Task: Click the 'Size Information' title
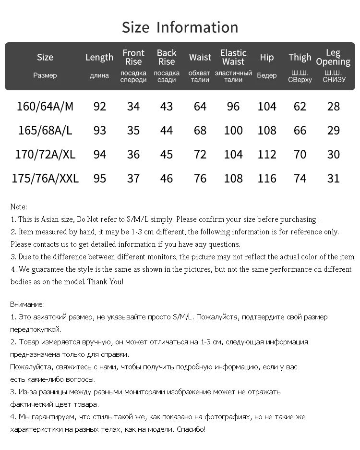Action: [180, 27]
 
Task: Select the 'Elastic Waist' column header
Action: [233, 57]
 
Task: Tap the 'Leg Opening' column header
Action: [333, 57]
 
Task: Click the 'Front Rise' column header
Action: [133, 57]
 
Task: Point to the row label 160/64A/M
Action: [45, 106]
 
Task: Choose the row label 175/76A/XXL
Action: [45, 178]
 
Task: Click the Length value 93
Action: [100, 130]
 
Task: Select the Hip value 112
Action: [267, 154]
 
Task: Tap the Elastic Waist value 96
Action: [233, 106]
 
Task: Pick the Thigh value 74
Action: [300, 178]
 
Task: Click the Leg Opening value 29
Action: [333, 130]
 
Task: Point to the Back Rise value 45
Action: [167, 154]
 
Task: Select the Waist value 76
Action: [200, 178]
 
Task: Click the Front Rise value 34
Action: [133, 106]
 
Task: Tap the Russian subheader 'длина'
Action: [99, 76]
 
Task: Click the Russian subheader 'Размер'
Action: [45, 75]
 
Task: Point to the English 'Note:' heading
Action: [19, 207]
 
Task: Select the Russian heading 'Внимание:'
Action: [27, 304]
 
